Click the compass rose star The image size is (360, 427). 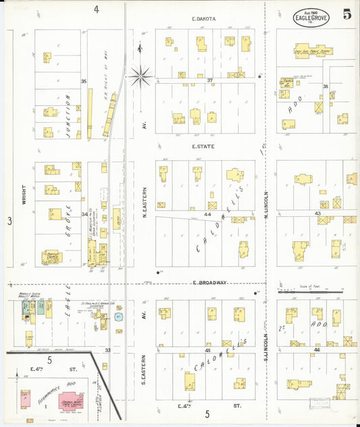coord(140,76)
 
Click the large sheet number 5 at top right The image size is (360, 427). coord(346,14)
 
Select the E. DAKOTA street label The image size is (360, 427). coord(203,19)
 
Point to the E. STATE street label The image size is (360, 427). coord(203,145)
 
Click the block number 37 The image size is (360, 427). coord(209,80)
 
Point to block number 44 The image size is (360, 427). coord(208,214)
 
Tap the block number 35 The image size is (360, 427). coord(84,81)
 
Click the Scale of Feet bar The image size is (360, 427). coord(310,292)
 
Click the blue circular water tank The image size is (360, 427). coord(119,316)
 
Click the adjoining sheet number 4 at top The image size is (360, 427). coord(97,9)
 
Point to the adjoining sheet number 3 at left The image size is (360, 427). coord(10,220)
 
